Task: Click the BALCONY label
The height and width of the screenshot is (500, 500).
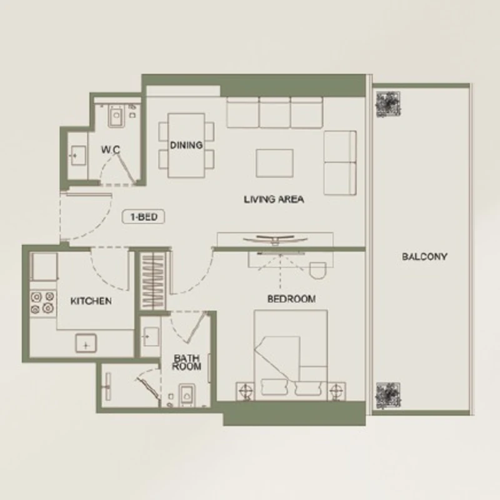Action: [424, 257]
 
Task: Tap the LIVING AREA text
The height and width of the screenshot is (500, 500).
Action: [274, 199]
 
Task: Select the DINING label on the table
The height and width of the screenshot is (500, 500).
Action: [186, 146]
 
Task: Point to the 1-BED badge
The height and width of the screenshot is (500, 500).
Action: [144, 217]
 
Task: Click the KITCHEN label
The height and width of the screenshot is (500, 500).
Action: [91, 301]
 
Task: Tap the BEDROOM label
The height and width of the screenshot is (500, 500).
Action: [291, 299]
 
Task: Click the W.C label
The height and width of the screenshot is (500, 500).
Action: [111, 149]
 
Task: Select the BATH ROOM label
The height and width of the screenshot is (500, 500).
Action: [186, 362]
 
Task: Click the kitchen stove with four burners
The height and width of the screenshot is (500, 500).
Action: [43, 302]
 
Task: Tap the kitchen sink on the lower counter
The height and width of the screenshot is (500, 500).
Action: [86, 343]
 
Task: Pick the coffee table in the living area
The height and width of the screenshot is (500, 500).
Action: [274, 163]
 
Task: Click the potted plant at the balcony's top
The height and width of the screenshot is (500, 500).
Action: [388, 104]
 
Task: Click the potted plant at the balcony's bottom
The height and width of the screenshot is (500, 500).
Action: [388, 396]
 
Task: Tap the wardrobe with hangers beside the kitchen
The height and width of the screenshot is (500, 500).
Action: [153, 281]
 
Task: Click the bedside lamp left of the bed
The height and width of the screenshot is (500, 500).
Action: [245, 390]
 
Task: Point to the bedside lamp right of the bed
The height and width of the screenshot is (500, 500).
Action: [336, 390]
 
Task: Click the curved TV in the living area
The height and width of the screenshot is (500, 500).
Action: [275, 239]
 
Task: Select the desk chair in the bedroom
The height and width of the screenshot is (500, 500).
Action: [318, 271]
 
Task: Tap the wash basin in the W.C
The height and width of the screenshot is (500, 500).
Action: [77, 155]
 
